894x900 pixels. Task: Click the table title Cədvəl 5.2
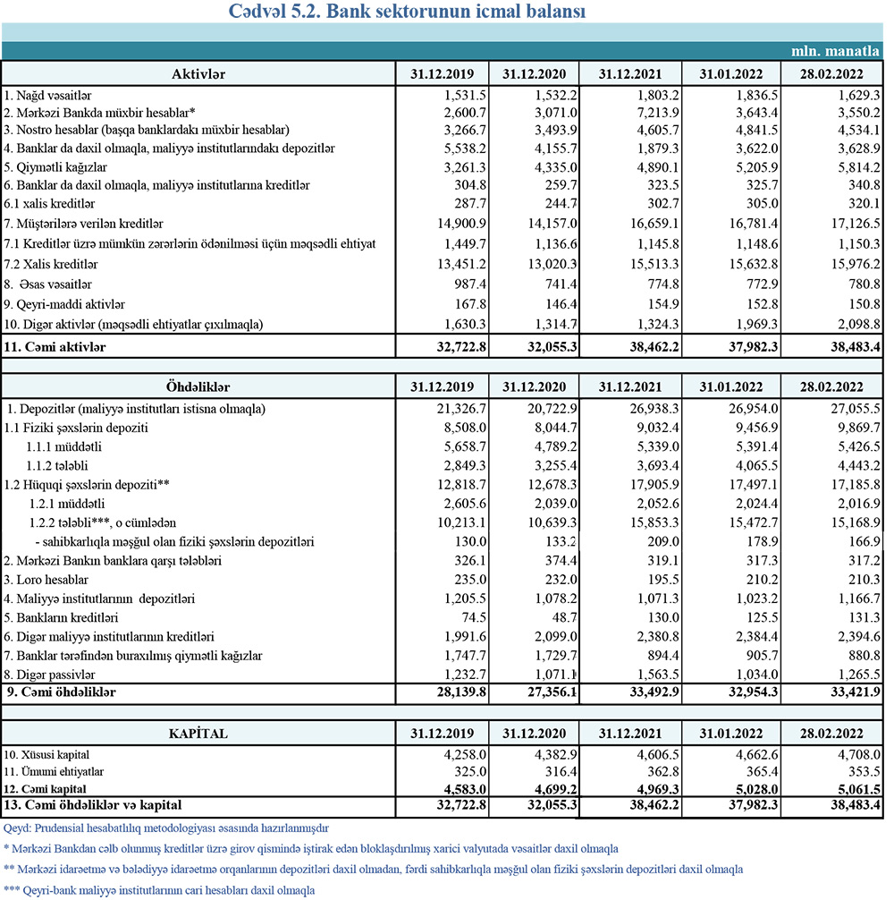[x=444, y=12]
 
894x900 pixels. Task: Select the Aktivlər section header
[x=198, y=72]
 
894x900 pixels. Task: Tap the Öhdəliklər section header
[x=198, y=386]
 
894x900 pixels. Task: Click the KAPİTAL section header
[x=198, y=734]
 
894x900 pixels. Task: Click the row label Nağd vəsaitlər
[x=48, y=94]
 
